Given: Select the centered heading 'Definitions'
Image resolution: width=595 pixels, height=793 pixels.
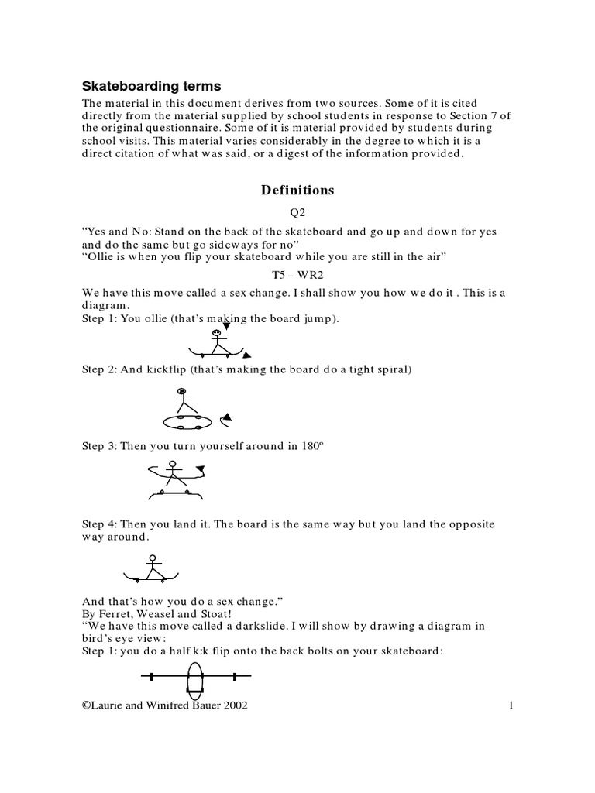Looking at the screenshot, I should point(297,190).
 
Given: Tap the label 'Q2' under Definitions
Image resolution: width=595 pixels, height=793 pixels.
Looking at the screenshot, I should point(297,213).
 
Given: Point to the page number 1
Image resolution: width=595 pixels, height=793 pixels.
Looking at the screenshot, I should point(512,705).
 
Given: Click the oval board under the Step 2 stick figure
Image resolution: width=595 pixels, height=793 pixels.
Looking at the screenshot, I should point(187,421).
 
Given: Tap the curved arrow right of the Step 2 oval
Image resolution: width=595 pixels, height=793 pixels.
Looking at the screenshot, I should point(225,421).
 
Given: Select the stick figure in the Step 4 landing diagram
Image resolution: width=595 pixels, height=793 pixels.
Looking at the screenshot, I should point(153,568).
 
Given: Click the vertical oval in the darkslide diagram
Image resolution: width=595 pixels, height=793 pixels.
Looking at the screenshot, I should point(195,678).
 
